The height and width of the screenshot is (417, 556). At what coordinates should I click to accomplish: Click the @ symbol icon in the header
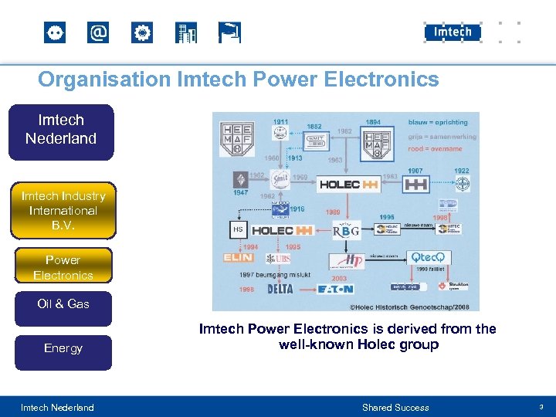click(x=98, y=33)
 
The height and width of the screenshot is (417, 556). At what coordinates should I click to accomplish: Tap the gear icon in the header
click(x=142, y=33)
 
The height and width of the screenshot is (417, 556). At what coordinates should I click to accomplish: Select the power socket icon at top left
click(x=55, y=33)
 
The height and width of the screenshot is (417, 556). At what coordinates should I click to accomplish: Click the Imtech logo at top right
click(x=453, y=32)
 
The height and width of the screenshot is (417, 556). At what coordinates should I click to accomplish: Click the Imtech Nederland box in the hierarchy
click(x=61, y=130)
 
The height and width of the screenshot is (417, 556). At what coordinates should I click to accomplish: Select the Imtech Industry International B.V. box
click(x=63, y=210)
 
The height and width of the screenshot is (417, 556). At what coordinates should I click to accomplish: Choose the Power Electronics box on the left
click(x=63, y=267)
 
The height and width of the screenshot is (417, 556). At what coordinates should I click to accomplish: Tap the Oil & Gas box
click(x=63, y=304)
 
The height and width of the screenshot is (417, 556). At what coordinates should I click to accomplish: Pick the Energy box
click(x=63, y=348)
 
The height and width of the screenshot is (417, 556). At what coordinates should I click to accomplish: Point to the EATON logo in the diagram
click(x=335, y=290)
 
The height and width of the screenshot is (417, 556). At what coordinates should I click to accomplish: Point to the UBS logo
click(x=280, y=259)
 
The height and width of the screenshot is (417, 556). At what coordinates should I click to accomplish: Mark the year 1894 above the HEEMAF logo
click(x=373, y=122)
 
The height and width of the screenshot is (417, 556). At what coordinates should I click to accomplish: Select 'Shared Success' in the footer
click(x=395, y=408)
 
